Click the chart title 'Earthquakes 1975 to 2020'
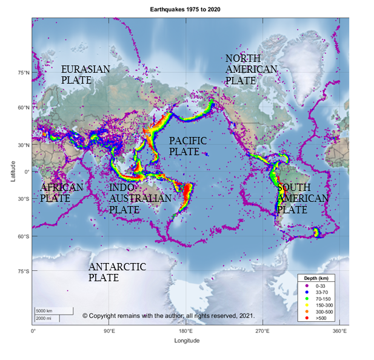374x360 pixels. point(187,10)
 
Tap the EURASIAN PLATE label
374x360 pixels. point(85,75)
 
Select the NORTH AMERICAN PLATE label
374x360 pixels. point(251,69)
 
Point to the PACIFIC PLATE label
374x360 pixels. point(188,146)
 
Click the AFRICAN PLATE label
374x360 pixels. point(61,193)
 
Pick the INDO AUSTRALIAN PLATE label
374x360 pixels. point(139,198)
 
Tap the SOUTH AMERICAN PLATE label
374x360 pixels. point(302,198)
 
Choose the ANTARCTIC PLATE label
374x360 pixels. point(117,272)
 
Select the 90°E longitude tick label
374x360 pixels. point(109,332)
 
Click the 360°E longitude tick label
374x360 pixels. point(339,332)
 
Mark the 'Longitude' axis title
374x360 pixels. point(187,341)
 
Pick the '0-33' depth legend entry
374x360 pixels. point(319,284)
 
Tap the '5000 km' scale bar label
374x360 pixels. point(45,311)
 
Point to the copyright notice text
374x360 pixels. point(168,316)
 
